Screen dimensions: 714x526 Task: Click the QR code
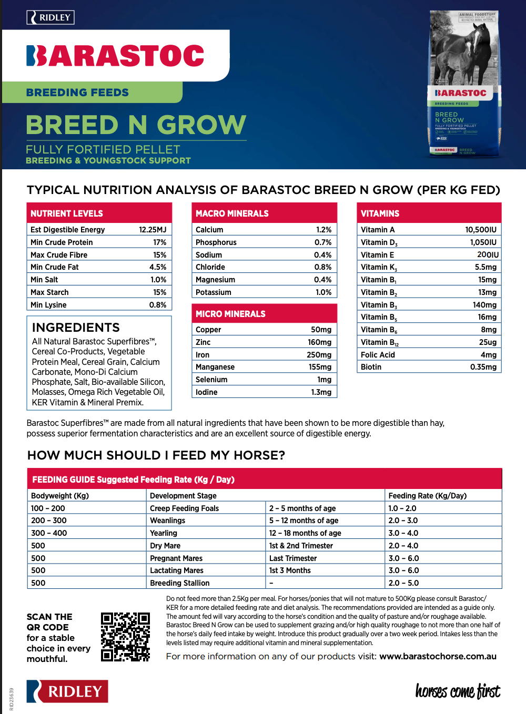(125, 636)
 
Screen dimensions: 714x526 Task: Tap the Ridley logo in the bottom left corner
(67, 691)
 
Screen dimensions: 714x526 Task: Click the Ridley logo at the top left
(50, 17)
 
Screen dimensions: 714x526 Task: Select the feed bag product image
(464, 84)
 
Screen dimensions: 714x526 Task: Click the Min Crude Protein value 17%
(160, 242)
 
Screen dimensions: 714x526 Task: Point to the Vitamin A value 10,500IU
(481, 230)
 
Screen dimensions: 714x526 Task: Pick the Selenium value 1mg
(325, 380)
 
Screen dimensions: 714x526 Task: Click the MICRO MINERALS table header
(231, 314)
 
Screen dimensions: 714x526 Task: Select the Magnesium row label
(216, 280)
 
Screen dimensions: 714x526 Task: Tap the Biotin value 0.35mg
(483, 367)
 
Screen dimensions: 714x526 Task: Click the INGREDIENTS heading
(76, 328)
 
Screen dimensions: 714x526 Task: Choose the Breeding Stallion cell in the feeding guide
(180, 583)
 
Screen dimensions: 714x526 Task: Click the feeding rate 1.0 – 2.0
(402, 508)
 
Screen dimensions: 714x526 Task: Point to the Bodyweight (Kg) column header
(60, 496)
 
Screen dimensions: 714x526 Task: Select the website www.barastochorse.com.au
(438, 656)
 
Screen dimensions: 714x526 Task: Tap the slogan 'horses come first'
(458, 691)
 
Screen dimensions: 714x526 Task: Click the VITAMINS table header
(380, 213)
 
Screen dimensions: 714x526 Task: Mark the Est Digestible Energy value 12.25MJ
(153, 230)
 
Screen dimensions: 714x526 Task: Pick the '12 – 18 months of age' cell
(305, 533)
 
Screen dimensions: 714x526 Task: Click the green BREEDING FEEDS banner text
(77, 93)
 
